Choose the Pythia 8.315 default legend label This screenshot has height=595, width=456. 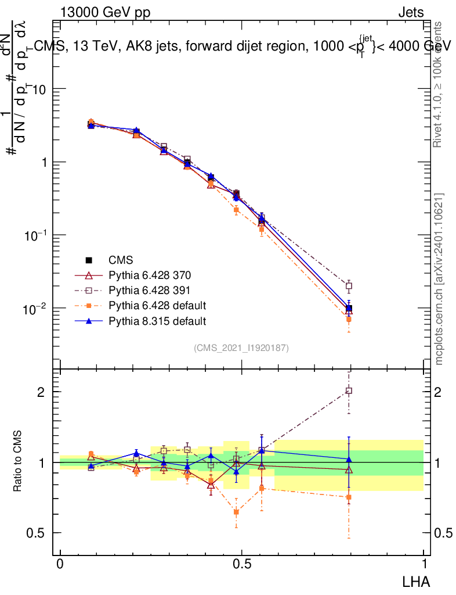coord(157,321)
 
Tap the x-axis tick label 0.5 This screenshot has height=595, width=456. coord(242,564)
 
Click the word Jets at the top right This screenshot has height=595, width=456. coord(411,12)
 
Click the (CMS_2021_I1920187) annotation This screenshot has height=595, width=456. coord(241,347)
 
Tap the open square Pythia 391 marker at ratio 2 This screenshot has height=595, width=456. coord(349,390)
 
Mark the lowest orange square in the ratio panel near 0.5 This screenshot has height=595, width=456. coord(236,512)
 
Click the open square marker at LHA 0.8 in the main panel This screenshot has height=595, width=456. coord(349,286)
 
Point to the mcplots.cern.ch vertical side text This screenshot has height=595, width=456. coord(439,279)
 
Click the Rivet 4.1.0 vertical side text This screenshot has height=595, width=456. coord(439,84)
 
